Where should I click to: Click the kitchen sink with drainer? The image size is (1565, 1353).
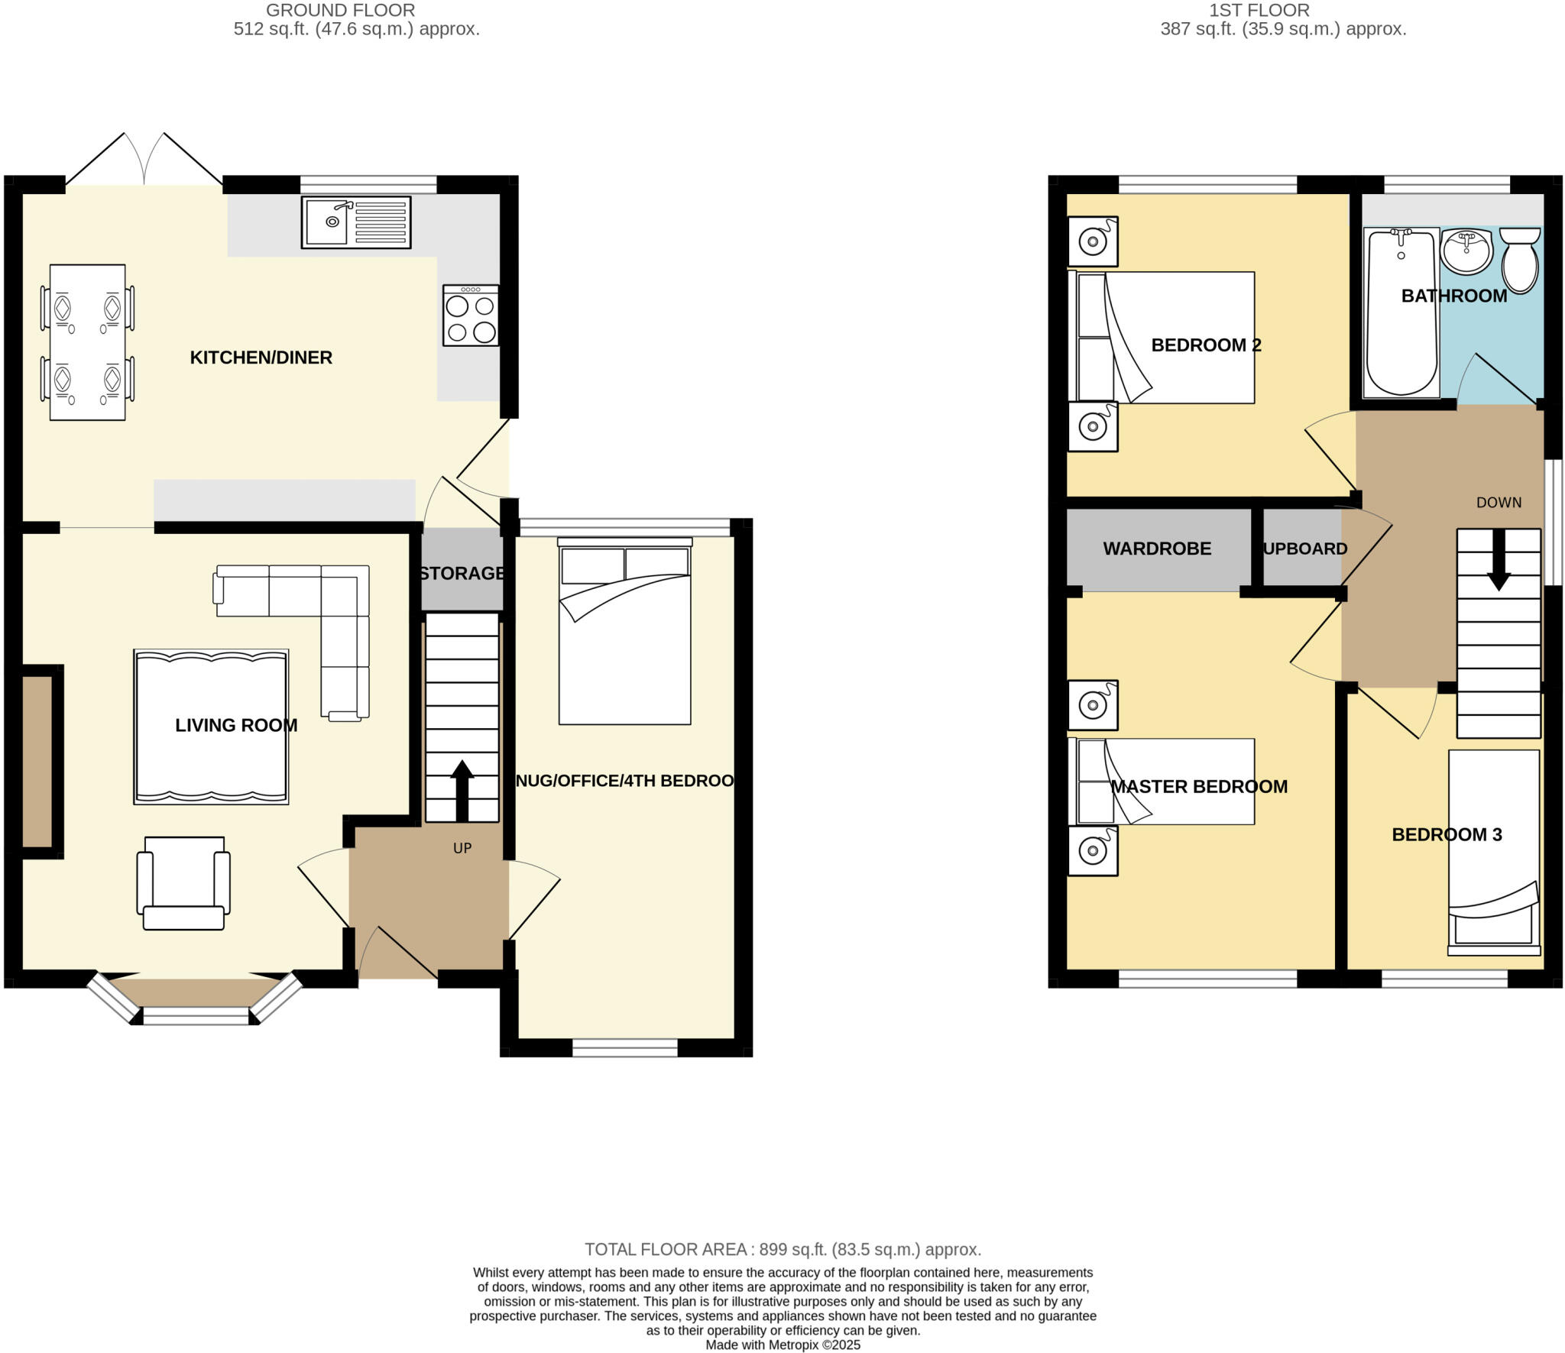click(x=356, y=222)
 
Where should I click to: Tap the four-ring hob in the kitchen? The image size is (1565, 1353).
click(x=471, y=316)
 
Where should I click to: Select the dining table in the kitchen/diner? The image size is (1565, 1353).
click(x=87, y=341)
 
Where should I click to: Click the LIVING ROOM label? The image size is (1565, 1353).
click(x=236, y=725)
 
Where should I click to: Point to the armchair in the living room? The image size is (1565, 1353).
click(x=183, y=883)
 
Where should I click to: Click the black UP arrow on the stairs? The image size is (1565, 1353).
click(x=462, y=791)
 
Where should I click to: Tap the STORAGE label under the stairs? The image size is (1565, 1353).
click(x=462, y=573)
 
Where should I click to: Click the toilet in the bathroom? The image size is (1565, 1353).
click(x=1520, y=261)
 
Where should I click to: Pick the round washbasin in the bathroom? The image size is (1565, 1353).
click(x=1466, y=251)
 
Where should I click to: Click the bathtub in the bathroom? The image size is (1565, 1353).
click(x=1401, y=313)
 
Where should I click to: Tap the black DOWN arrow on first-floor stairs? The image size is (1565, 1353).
click(x=1499, y=559)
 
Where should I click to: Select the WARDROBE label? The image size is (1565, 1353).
click(x=1157, y=549)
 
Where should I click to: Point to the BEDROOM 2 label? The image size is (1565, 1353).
click(x=1206, y=345)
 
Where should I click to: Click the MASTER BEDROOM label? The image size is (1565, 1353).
click(x=1198, y=786)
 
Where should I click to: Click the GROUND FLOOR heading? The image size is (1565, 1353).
click(x=340, y=11)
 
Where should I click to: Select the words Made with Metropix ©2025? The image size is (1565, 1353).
click(x=782, y=1345)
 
